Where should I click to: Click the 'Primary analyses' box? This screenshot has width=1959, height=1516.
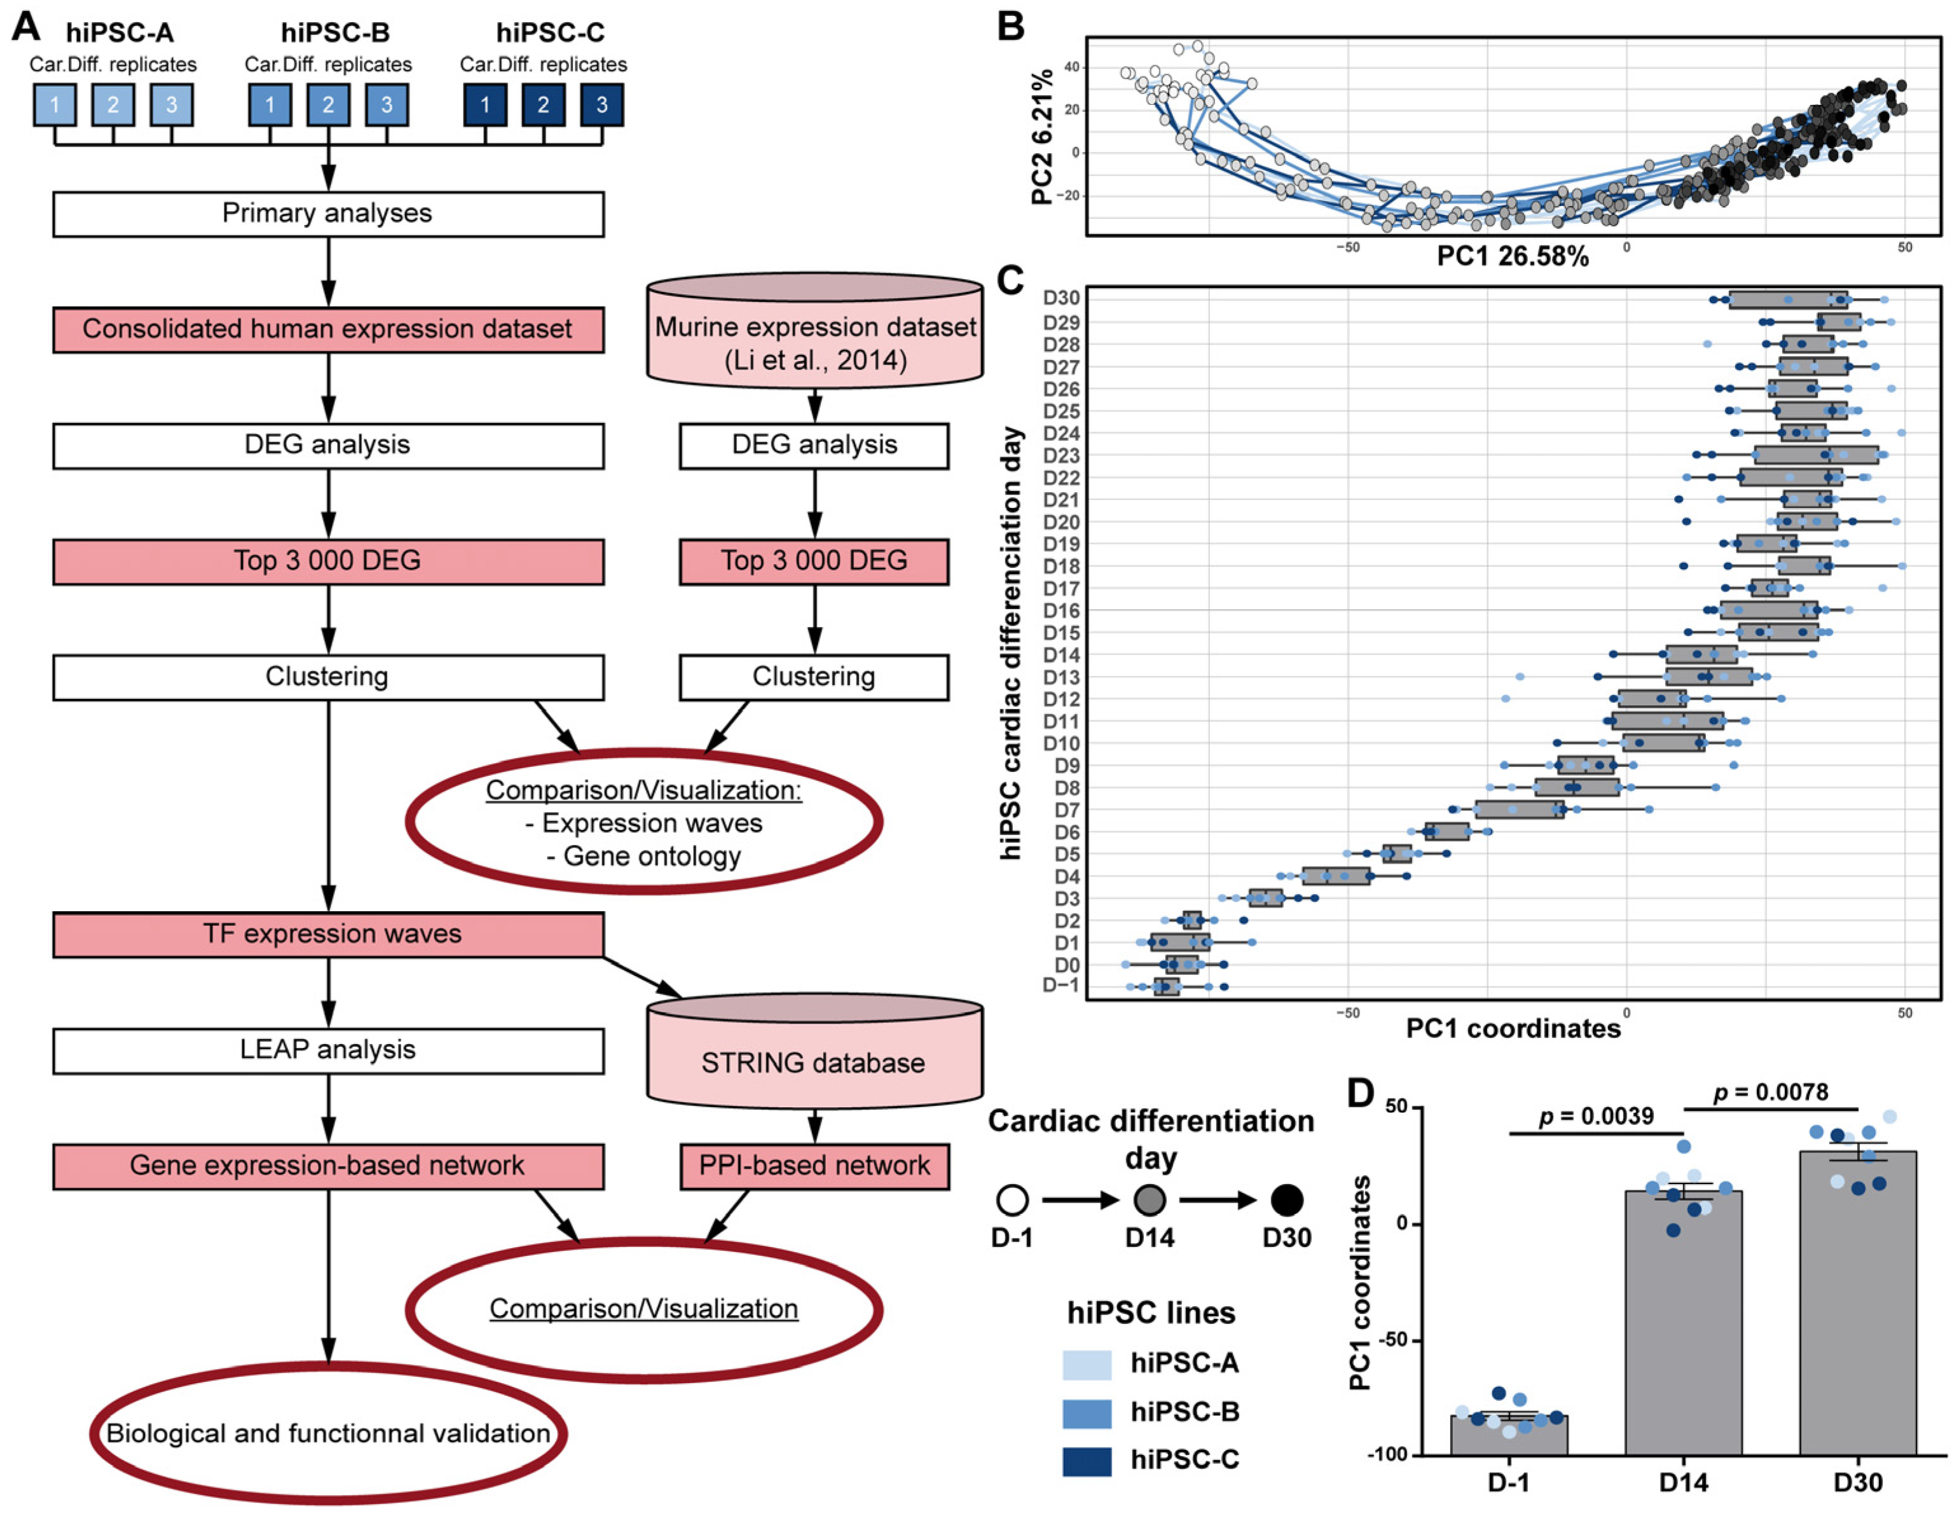(327, 214)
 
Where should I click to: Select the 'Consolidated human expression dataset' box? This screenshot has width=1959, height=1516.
(327, 329)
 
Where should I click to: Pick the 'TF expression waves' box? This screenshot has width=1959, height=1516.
(327, 934)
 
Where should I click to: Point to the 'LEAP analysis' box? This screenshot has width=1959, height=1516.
(327, 1049)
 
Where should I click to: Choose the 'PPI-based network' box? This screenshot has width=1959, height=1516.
(815, 1165)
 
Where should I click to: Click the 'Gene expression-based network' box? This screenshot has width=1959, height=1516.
(327, 1165)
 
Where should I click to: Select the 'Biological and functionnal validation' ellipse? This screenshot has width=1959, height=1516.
(327, 1433)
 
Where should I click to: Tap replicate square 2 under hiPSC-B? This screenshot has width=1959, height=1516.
(328, 105)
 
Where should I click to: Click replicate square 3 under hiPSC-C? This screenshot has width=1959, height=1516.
(602, 105)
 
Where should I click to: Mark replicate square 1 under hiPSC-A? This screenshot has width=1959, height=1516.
(55, 105)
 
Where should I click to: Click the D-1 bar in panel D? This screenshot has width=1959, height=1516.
(1509, 1435)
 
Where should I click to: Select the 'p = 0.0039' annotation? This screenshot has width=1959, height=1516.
(1596, 1116)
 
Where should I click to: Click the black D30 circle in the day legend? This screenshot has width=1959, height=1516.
(1287, 1199)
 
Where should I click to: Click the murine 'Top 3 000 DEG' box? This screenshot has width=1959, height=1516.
(815, 562)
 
